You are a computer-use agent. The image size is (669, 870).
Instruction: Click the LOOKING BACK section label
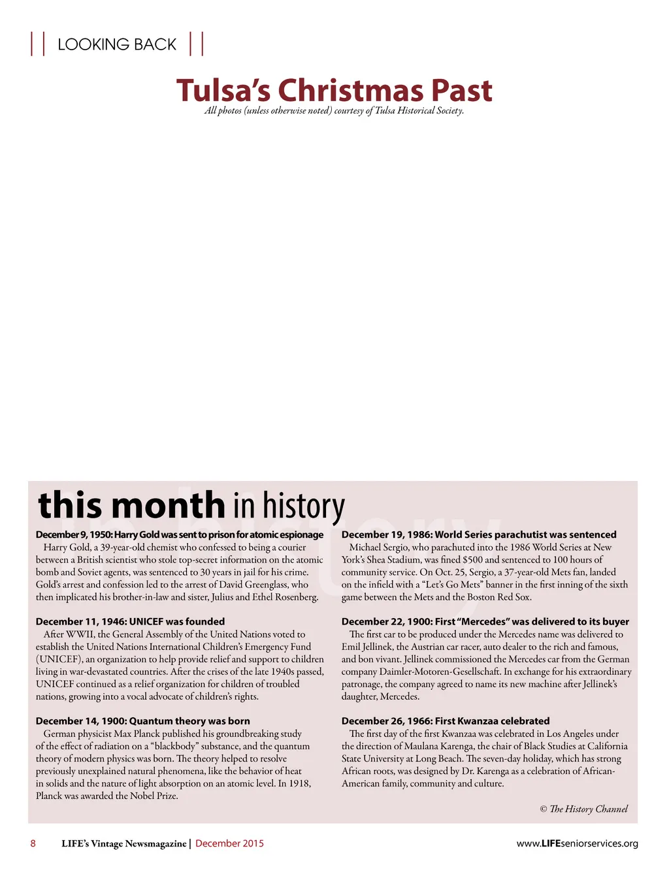tap(117, 44)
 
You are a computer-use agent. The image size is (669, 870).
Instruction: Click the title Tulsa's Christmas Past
tap(334, 90)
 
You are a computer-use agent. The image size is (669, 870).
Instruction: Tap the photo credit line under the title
tap(334, 111)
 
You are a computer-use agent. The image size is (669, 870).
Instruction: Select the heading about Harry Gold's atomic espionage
tap(180, 535)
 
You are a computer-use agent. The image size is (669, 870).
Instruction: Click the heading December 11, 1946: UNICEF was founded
tap(130, 621)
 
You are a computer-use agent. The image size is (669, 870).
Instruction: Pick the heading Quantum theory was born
tap(143, 721)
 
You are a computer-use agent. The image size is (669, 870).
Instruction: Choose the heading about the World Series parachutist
tap(479, 535)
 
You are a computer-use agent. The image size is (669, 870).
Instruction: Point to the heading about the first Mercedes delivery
tap(485, 621)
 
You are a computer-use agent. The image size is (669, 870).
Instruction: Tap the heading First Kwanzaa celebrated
tap(446, 721)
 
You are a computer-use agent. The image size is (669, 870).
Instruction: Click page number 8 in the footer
tap(33, 843)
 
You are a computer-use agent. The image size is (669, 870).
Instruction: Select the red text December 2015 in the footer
tap(229, 843)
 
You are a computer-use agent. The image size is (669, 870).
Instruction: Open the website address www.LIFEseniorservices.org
tap(577, 843)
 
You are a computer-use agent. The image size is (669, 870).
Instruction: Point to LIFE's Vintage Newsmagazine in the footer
tap(123, 843)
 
